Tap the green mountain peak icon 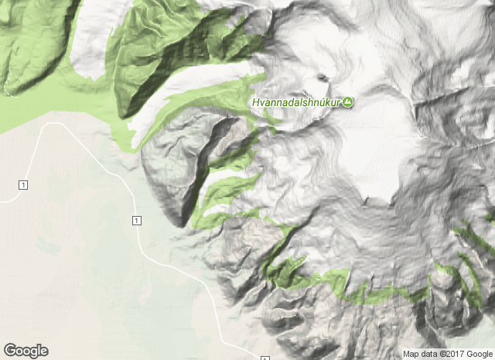[348, 102]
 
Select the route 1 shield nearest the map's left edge [24, 183]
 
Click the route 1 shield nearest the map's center [136, 221]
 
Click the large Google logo [26, 351]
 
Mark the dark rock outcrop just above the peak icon [322, 77]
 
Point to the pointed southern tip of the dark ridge [180, 224]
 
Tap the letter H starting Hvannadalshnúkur [255, 102]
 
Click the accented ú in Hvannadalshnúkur [324, 102]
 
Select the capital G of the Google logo [9, 351]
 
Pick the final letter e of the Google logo [43, 351]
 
